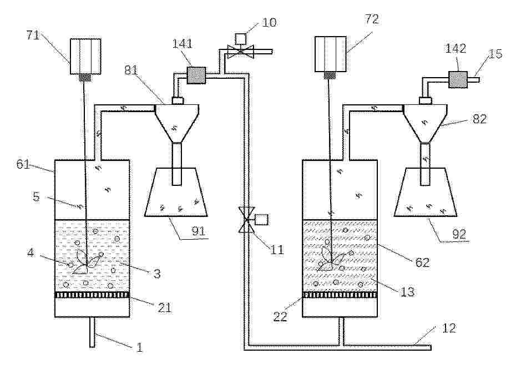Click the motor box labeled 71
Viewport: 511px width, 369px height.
85,57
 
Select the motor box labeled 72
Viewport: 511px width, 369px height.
331,54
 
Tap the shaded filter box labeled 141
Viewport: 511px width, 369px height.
196,75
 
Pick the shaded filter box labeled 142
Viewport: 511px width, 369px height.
458,80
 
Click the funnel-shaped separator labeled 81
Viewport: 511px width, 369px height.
176,123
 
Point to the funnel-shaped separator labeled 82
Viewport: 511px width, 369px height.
426,124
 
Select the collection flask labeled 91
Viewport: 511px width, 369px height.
176,192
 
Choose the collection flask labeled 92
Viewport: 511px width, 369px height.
426,192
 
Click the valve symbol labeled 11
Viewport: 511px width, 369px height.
247,220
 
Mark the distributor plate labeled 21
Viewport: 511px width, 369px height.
92,295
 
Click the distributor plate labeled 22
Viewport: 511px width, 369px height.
340,295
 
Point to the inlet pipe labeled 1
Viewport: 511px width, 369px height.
93,332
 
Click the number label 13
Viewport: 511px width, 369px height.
407,291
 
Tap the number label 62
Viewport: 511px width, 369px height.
422,262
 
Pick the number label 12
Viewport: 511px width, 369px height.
448,328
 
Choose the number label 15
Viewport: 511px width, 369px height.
495,54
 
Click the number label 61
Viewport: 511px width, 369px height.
23,164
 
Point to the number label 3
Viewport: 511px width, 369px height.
157,274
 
